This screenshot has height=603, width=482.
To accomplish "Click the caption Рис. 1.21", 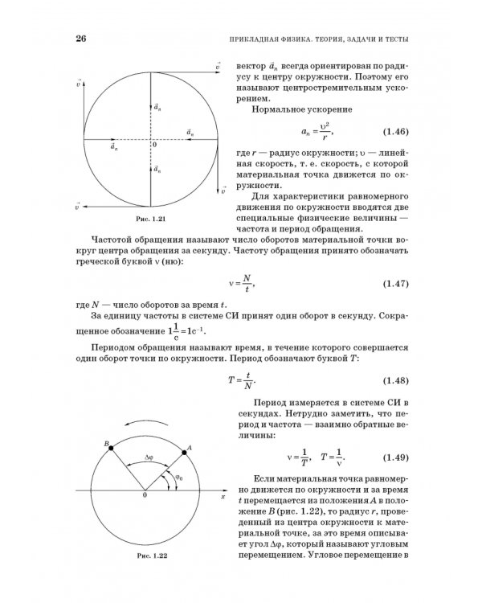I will (149, 219).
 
